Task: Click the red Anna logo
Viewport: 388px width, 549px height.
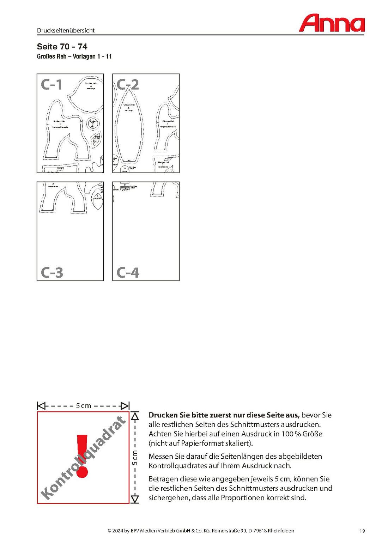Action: pyautogui.click(x=332, y=23)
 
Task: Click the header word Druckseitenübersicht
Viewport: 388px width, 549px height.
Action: pyautogui.click(x=66, y=30)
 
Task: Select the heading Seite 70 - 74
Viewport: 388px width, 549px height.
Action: pyautogui.click(x=62, y=47)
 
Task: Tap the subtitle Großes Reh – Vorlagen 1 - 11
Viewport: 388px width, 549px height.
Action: pyautogui.click(x=74, y=56)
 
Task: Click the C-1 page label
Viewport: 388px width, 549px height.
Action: pyautogui.click(x=51, y=84)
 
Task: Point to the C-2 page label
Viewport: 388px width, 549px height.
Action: pyautogui.click(x=128, y=84)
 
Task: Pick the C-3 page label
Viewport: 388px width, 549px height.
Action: pyautogui.click(x=52, y=272)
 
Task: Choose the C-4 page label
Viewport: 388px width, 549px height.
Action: pyautogui.click(x=128, y=272)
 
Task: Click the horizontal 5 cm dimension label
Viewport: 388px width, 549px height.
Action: pyautogui.click(x=84, y=406)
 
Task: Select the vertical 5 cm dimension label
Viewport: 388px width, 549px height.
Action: pyautogui.click(x=135, y=457)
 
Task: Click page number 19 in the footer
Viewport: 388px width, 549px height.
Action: pyautogui.click(x=362, y=531)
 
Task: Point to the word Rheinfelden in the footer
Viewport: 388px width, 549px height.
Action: pyautogui.click(x=281, y=531)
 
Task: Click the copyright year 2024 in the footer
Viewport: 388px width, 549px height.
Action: pyautogui.click(x=117, y=531)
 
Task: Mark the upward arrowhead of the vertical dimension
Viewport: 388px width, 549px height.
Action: pyautogui.click(x=135, y=417)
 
